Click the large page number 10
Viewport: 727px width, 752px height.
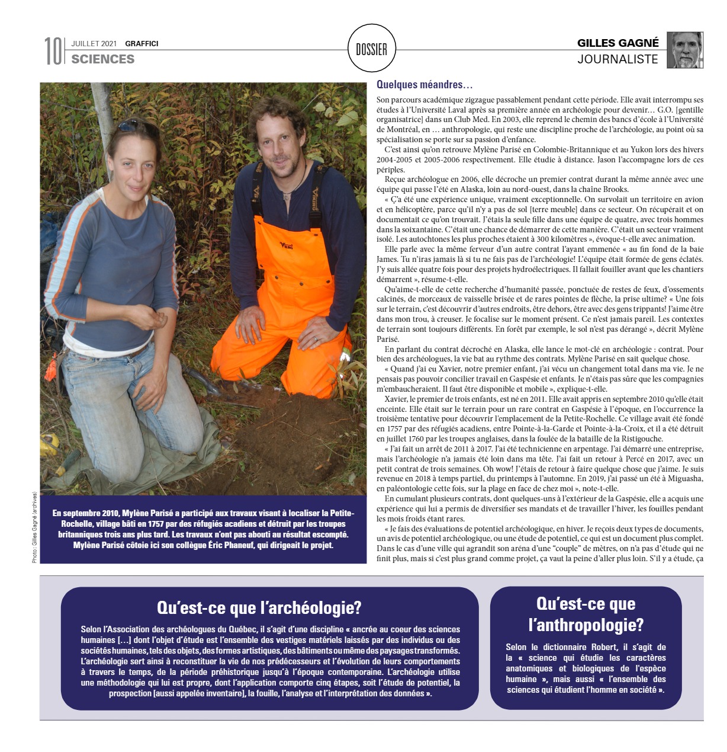click(x=53, y=51)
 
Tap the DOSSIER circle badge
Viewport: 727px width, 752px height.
click(x=371, y=49)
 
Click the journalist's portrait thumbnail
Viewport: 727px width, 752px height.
click(x=685, y=50)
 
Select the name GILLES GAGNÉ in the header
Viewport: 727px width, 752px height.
click(x=617, y=43)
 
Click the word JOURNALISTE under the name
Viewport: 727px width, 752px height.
click(x=617, y=59)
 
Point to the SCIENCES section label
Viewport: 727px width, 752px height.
click(x=103, y=59)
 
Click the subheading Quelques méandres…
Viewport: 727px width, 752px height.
click(x=424, y=85)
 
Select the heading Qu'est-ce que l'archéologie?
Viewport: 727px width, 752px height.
click(x=259, y=607)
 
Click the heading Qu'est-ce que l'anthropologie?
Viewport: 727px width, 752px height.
click(x=586, y=614)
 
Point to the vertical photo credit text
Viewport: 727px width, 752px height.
click(x=36, y=527)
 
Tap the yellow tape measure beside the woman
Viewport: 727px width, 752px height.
click(x=50, y=441)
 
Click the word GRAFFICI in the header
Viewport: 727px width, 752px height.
click(x=141, y=43)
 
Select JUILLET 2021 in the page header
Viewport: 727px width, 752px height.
click(x=94, y=43)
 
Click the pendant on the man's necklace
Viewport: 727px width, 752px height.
click(x=285, y=195)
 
